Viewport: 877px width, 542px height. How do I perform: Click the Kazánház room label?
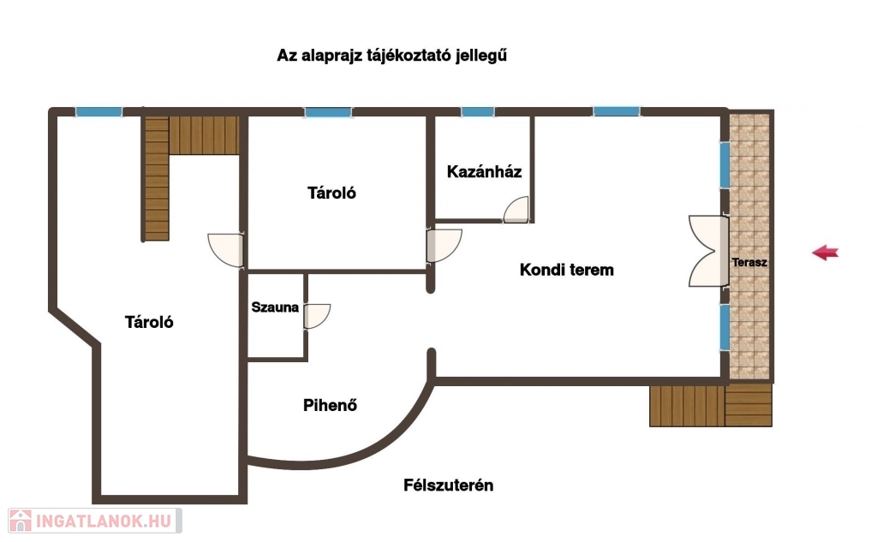click(484, 172)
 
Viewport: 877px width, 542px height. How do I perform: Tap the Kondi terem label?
click(567, 270)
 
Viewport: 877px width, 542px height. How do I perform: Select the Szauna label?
click(275, 307)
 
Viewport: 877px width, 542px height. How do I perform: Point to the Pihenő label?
click(330, 405)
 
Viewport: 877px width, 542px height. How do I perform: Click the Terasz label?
click(749, 262)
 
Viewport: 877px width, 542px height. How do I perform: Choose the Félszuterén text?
click(449, 485)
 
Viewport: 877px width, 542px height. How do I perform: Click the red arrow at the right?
click(825, 253)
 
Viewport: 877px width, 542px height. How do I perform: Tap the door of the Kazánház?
click(516, 210)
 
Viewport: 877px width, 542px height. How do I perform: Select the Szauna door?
click(317, 317)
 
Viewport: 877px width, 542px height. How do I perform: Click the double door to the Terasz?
click(708, 252)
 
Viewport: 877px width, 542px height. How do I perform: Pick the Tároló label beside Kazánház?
click(331, 193)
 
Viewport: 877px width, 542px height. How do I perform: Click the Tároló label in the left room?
click(149, 322)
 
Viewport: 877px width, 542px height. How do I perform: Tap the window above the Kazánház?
click(478, 112)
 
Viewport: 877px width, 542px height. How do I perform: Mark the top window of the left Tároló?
click(99, 112)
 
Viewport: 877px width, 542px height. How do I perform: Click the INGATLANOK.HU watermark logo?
click(95, 521)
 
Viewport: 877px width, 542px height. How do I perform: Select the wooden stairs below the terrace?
click(711, 406)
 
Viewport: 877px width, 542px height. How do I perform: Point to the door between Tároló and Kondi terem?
click(444, 246)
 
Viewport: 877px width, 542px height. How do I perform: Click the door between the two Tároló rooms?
click(226, 250)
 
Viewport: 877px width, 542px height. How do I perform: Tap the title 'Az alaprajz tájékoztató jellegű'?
click(391, 56)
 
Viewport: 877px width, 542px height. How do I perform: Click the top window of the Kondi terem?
click(617, 112)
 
